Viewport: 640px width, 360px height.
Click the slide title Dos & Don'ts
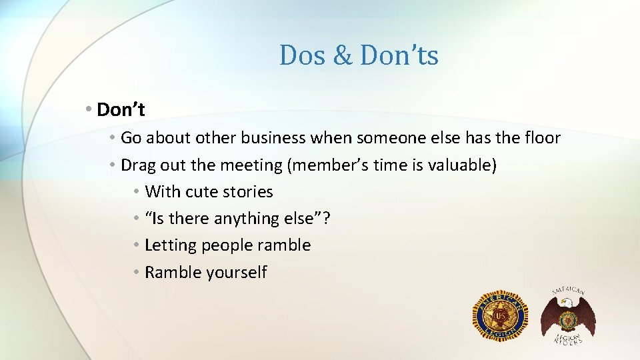359,55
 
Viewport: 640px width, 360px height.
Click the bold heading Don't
121,109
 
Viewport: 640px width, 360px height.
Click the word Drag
138,165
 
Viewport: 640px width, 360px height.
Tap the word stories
247,192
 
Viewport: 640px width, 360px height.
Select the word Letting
170,245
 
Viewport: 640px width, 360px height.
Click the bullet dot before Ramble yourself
135,272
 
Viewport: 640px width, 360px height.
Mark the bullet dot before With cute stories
135,192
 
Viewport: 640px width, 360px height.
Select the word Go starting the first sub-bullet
131,138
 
